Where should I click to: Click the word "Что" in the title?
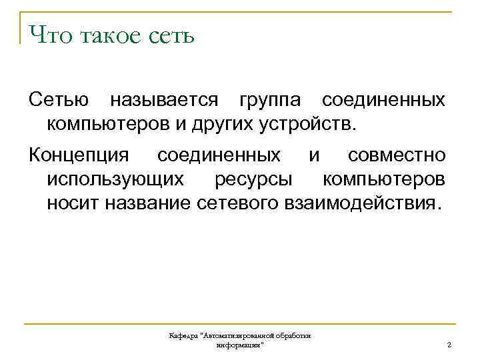(48, 35)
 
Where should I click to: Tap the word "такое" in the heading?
(109, 35)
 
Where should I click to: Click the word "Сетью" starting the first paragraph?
(59, 101)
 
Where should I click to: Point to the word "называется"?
(164, 101)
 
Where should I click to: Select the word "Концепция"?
(79, 156)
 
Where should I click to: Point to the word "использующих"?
(115, 179)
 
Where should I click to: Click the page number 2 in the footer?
(449, 345)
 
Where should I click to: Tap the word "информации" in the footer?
(240, 345)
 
